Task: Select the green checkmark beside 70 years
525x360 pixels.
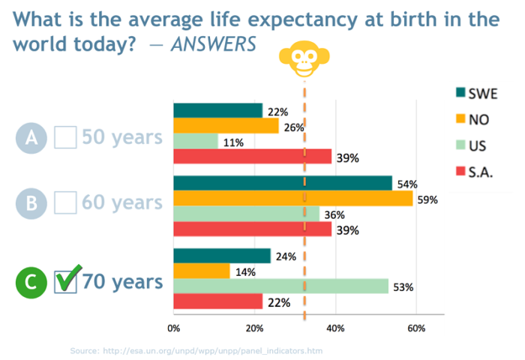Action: click(x=68, y=281)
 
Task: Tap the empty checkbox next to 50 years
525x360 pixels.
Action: click(x=66, y=137)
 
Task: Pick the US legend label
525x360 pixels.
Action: click(x=477, y=146)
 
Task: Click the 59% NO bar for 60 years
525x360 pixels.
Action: click(x=293, y=199)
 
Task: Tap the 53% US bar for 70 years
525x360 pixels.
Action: click(x=281, y=286)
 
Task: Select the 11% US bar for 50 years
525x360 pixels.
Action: click(x=196, y=141)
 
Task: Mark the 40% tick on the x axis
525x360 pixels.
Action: click(x=335, y=328)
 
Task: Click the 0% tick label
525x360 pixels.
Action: click(x=173, y=328)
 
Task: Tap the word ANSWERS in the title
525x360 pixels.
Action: click(x=213, y=44)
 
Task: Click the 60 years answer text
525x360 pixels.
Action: click(x=122, y=202)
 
